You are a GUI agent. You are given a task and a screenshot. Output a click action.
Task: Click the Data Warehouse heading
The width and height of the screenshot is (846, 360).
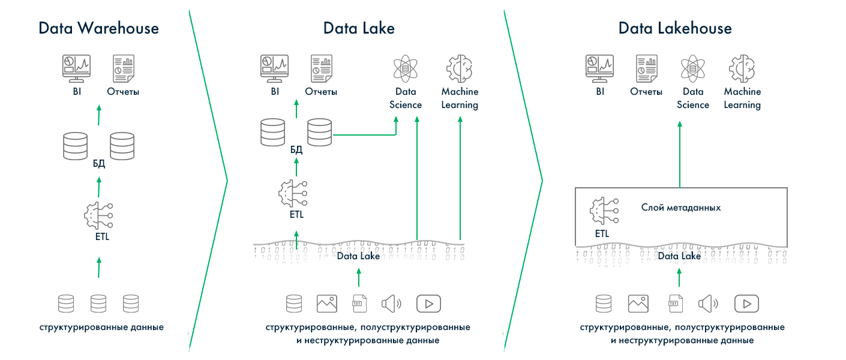[98, 28]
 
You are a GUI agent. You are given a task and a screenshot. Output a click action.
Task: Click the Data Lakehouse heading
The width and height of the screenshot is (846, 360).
[675, 28]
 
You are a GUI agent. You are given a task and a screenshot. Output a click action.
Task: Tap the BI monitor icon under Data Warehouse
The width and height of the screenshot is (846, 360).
[77, 68]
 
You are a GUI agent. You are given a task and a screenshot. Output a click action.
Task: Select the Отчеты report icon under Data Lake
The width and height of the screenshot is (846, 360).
[321, 68]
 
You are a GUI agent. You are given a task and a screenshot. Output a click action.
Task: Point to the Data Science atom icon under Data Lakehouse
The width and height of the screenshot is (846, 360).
[692, 68]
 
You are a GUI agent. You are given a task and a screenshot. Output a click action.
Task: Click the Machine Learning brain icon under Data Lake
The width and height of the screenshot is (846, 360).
[460, 68]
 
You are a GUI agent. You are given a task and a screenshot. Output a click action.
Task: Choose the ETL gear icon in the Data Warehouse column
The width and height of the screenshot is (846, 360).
[98, 214]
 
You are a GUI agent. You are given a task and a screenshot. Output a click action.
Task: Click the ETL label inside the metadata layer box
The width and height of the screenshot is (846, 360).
[602, 234]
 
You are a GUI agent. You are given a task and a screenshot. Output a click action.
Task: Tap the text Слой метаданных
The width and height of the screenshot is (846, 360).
[681, 208]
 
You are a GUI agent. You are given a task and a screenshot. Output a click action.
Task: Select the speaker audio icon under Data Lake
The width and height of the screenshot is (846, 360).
[391, 304]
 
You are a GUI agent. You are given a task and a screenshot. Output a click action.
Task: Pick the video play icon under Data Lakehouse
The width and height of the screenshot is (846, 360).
[746, 304]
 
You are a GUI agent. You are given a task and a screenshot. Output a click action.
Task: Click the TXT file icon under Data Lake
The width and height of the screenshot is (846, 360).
[359, 304]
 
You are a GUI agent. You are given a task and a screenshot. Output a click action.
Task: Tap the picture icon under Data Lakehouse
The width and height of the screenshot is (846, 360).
[638, 304]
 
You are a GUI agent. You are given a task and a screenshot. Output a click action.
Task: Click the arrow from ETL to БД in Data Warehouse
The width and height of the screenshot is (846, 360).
[98, 187]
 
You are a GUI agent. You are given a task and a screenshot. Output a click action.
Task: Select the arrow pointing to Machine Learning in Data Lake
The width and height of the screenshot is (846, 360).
[460, 180]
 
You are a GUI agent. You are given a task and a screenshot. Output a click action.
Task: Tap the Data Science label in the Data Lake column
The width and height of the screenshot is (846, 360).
[406, 98]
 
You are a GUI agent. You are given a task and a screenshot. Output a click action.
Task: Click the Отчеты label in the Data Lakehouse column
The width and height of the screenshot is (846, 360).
[646, 92]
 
